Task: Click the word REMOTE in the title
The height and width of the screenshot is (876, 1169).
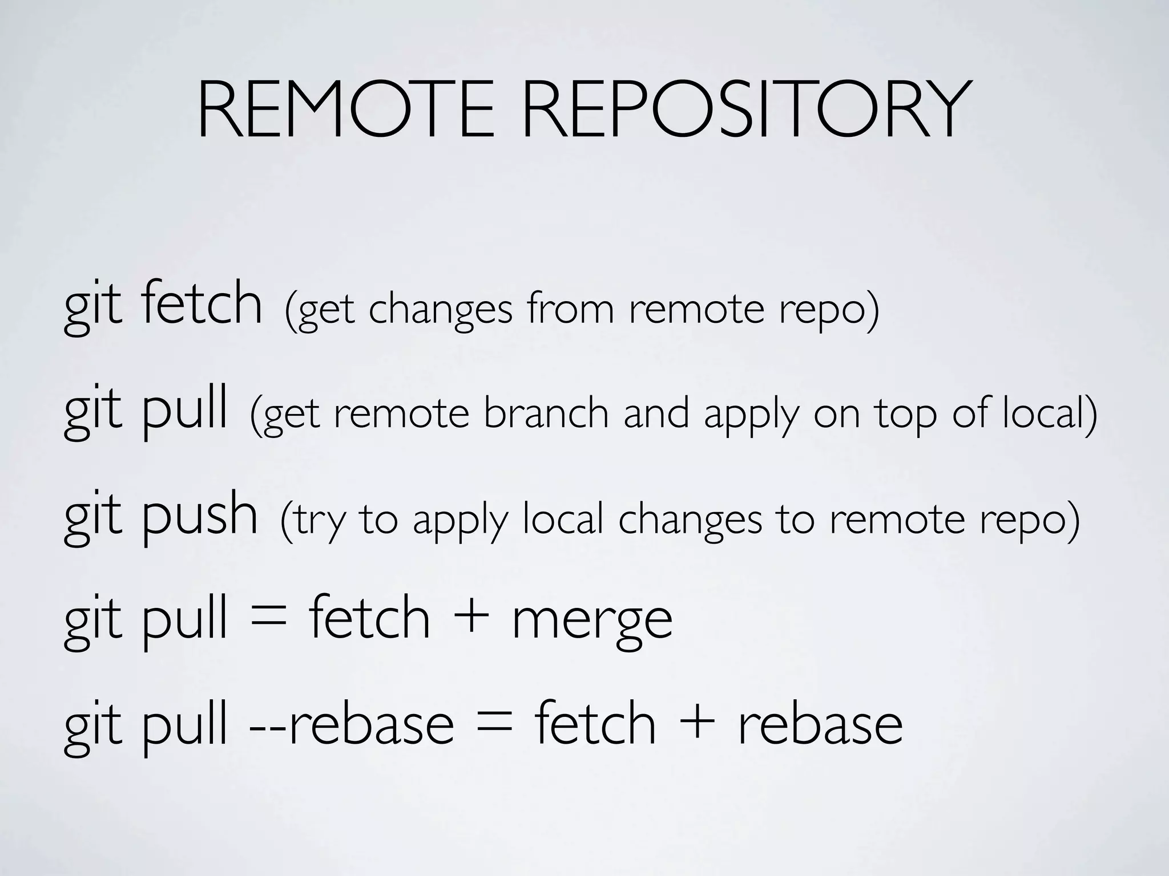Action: (x=345, y=109)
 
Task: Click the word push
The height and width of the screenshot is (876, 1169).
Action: (x=199, y=516)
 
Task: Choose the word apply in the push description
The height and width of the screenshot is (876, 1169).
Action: (x=460, y=521)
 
